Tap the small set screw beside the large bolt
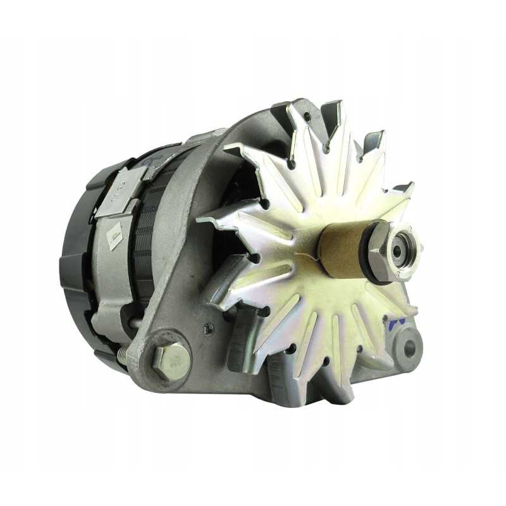pyautogui.click(x=209, y=328)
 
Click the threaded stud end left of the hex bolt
pyautogui.click(x=121, y=358)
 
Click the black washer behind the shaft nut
pyautogui.click(x=367, y=253)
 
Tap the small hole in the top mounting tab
pyautogui.click(x=307, y=116)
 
